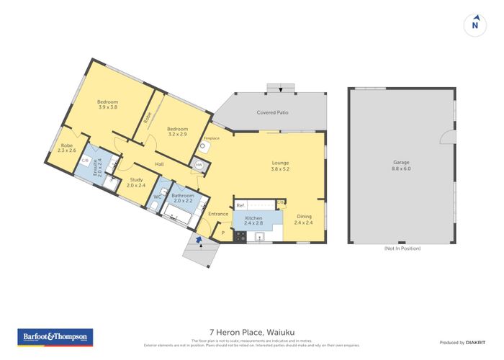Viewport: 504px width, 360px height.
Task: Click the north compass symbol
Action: point(474,24)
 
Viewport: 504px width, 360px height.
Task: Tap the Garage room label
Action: point(402,166)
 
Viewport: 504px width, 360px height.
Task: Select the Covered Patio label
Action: point(272,113)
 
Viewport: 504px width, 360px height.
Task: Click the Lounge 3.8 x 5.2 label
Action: point(280,166)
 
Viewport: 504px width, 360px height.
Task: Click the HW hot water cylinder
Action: point(199,166)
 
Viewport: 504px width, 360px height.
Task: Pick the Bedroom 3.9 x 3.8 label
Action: point(107,104)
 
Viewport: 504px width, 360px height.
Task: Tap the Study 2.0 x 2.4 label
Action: point(136,183)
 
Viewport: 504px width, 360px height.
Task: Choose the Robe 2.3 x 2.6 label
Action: point(68,148)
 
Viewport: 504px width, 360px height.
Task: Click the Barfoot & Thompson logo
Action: point(55,337)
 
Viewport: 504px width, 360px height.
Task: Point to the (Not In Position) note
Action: point(402,248)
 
